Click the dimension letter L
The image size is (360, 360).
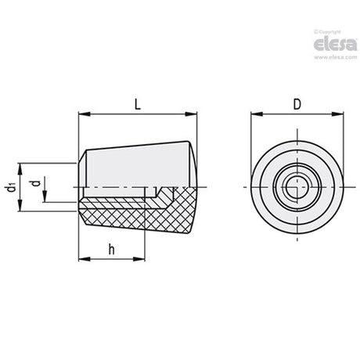138,105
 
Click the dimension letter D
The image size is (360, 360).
297,105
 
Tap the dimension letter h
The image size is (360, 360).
111,250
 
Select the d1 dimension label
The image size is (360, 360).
11,187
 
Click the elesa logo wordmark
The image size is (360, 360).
335,45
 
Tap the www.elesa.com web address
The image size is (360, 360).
336,57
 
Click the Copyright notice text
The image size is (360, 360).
327,32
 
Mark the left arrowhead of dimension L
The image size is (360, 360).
85,114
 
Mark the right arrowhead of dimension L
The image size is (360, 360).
191,114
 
